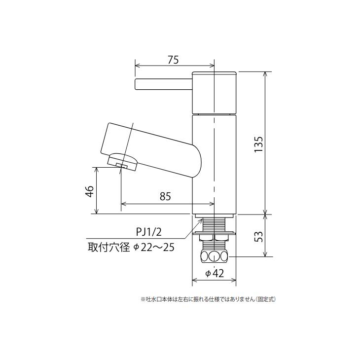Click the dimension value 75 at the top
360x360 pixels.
click(x=173, y=60)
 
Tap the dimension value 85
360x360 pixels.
click(x=165, y=196)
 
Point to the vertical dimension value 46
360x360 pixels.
click(x=89, y=191)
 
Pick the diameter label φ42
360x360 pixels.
click(x=215, y=273)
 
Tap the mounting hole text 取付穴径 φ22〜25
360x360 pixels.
click(x=131, y=247)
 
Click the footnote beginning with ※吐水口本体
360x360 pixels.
click(x=208, y=299)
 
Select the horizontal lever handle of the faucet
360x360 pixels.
click(x=163, y=84)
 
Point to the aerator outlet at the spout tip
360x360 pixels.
click(x=122, y=161)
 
